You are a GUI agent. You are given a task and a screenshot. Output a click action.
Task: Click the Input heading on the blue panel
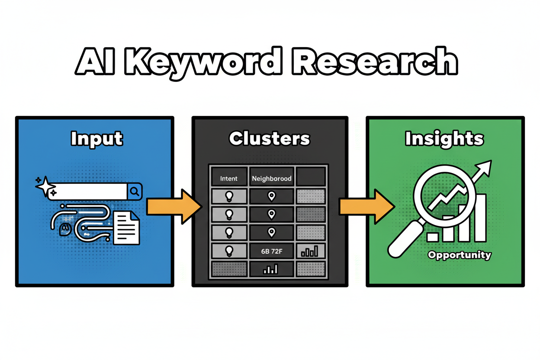coord(96,139)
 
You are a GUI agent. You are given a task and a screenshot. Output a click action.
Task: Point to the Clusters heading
coord(270,139)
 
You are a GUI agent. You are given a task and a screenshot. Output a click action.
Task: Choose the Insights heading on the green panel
coord(444,139)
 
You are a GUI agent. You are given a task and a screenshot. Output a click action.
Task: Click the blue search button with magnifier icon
coord(135,191)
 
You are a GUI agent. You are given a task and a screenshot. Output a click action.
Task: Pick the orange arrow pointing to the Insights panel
coord(366,206)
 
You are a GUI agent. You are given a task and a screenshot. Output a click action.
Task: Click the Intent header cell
coord(228,178)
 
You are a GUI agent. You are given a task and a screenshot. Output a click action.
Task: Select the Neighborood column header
coord(271,178)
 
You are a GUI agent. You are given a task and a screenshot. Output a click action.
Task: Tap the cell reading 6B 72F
coord(271,251)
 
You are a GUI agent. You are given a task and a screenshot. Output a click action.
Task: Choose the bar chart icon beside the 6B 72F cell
coord(310,251)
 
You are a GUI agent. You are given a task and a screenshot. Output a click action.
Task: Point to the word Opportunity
coord(459,254)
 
